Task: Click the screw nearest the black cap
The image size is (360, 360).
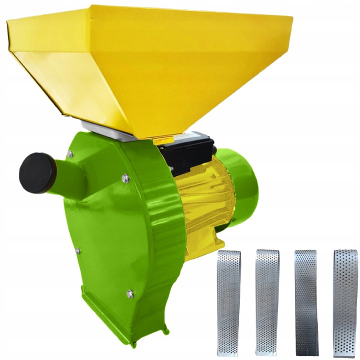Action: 70,154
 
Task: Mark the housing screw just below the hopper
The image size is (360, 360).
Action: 124,176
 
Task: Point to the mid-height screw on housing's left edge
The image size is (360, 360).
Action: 77,250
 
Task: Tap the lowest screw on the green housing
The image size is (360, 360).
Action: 130,293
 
